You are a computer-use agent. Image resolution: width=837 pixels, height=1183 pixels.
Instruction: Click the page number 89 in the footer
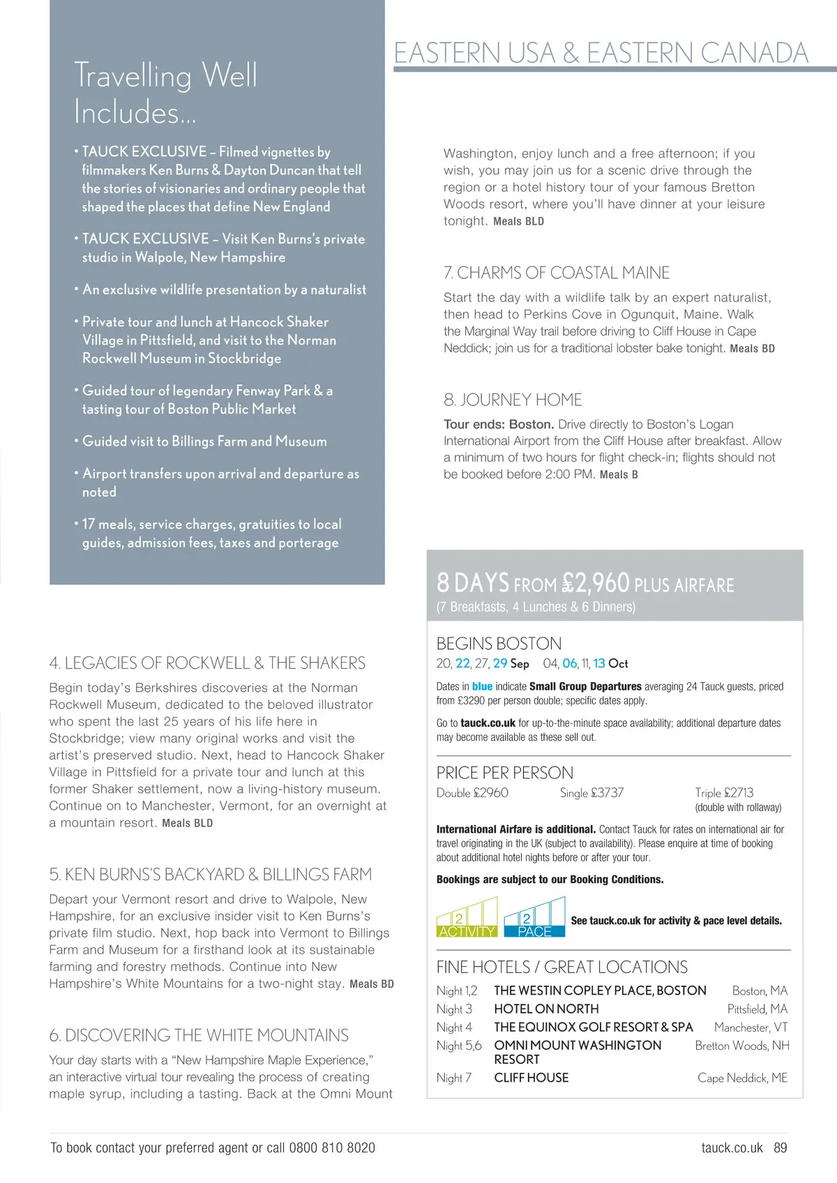[780, 1147]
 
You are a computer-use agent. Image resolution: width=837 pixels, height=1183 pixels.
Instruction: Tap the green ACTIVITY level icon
[467, 918]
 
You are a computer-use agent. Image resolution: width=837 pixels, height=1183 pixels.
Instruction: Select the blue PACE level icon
[534, 918]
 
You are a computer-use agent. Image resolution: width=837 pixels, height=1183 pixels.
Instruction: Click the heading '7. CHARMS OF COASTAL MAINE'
[556, 273]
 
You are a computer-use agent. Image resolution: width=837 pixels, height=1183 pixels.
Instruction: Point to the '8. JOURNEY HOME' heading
[513, 400]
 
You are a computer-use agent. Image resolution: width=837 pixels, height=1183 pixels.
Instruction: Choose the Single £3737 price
[591, 793]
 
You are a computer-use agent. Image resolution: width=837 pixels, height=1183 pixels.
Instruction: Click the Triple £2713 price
[724, 793]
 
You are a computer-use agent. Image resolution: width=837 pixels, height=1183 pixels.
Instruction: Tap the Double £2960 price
[472, 793]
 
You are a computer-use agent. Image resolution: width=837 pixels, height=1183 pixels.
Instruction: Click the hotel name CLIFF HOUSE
[531, 1078]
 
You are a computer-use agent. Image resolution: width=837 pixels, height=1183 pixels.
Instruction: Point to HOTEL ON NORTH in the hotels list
[546, 1009]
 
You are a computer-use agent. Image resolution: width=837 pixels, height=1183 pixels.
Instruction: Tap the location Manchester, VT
[751, 1027]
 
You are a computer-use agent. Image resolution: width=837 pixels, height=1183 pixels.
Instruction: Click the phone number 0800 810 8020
[331, 1147]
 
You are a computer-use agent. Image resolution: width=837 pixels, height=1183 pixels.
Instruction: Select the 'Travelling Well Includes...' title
[166, 93]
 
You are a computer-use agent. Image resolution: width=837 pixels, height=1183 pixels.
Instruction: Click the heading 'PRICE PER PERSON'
[504, 773]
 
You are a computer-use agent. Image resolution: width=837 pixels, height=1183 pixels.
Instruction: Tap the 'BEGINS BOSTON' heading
[499, 643]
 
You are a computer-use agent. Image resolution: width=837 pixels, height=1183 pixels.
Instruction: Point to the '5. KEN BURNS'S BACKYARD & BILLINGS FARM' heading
[211, 875]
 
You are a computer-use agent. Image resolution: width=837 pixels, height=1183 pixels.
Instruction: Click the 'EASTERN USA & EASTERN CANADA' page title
[601, 53]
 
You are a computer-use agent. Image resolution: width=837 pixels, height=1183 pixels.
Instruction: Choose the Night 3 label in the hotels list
[454, 1009]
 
